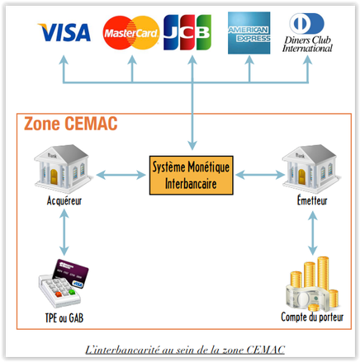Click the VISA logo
tap(64, 33)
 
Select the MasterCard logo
tap(130, 33)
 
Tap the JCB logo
tap(187, 32)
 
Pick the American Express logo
tap(249, 33)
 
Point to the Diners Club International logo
tap(310, 33)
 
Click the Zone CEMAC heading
tap(70, 125)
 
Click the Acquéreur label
tap(64, 201)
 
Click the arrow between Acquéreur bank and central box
tap(119, 175)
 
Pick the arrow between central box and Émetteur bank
tap(259, 175)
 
